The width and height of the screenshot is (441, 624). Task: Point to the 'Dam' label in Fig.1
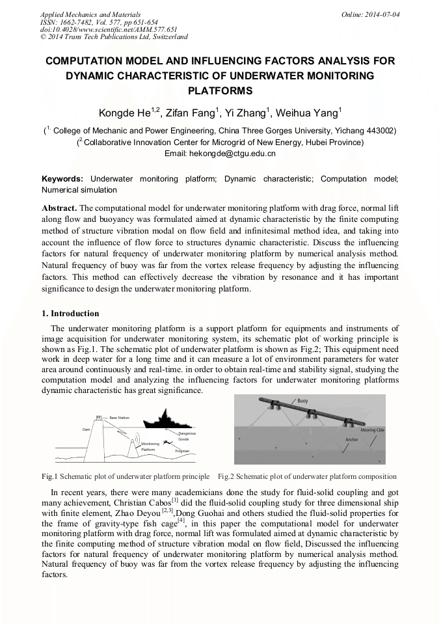pos(86,429)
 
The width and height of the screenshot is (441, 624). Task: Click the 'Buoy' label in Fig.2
pos(302,401)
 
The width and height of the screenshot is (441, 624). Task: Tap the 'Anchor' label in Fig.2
pos(352,439)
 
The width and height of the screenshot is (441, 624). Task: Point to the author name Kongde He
pos(124,113)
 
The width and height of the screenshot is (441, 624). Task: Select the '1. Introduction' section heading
pos(70,313)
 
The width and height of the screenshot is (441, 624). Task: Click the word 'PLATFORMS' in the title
pos(220,90)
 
